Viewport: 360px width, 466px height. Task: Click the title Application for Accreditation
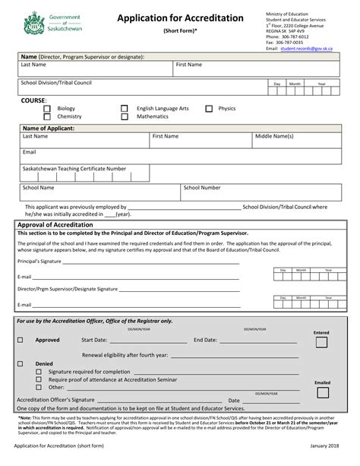coord(180,17)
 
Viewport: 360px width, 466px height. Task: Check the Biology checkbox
coord(47,109)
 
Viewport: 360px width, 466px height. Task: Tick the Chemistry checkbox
coord(47,117)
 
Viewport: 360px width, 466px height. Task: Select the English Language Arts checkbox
coord(125,109)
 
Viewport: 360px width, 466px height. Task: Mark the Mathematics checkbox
coord(125,117)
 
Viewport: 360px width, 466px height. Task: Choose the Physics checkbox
coord(208,109)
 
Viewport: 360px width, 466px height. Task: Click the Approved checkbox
coord(21,340)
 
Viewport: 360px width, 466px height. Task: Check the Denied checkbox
coord(21,363)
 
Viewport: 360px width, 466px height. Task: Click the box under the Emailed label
coord(322,395)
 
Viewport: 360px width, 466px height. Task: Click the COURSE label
coord(34,100)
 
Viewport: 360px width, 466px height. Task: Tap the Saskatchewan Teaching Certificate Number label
coord(74,168)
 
